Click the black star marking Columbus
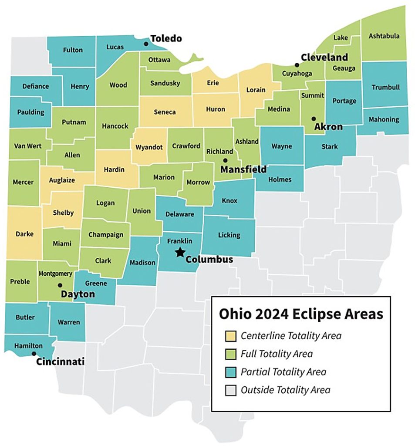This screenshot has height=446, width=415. click(179, 252)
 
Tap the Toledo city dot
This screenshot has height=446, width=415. click(146, 43)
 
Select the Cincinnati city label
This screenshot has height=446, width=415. click(60, 362)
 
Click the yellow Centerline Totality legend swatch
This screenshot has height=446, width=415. click(230, 335)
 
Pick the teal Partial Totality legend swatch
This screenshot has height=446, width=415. click(230, 372)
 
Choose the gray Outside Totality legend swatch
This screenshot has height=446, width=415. click(230, 390)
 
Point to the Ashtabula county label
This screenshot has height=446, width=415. click(384, 36)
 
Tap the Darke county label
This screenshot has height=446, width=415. click(24, 233)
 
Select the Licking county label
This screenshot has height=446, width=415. click(229, 235)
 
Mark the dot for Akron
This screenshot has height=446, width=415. click(313, 118)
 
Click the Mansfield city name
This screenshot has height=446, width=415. click(243, 169)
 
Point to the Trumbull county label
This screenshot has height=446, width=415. click(385, 87)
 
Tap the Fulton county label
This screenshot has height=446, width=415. click(72, 50)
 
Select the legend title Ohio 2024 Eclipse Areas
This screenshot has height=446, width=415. click(301, 314)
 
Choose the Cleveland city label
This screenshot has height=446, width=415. click(324, 57)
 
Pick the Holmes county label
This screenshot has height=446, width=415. click(279, 179)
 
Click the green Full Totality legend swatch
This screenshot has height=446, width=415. click(230, 354)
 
